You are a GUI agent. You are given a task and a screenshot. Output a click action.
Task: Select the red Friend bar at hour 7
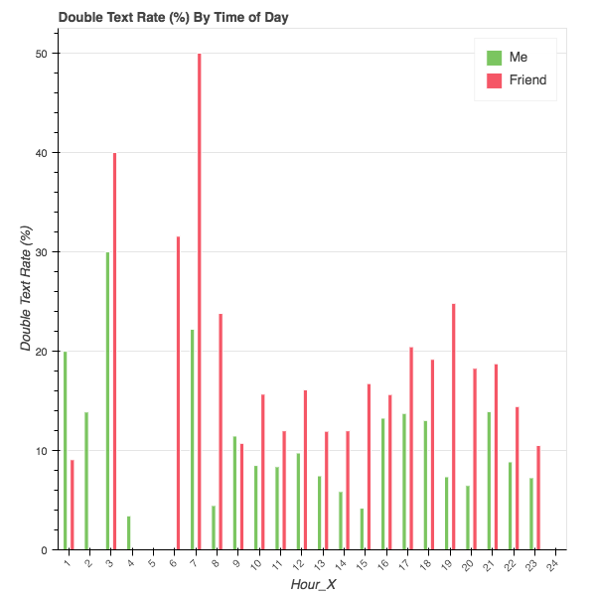tap(199, 298)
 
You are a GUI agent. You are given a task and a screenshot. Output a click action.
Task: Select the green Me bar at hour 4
tap(129, 532)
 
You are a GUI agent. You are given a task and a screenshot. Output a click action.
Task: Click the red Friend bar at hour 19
tap(453, 426)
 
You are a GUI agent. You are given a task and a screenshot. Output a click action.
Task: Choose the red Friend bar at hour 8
tap(220, 431)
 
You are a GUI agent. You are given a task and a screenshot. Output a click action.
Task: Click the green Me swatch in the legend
tap(494, 57)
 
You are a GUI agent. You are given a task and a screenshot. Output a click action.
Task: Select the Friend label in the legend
tap(527, 79)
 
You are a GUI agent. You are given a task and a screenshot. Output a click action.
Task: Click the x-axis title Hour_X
tap(312, 585)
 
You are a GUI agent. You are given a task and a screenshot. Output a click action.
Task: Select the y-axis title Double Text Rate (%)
tap(27, 288)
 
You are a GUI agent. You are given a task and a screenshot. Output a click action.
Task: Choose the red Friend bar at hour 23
tap(537, 498)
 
